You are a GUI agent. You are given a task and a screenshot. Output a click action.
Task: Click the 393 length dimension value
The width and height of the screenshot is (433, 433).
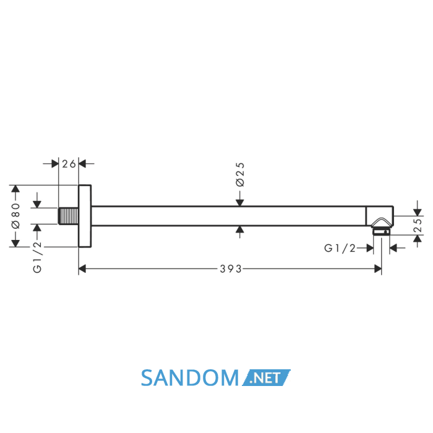coord(231,268)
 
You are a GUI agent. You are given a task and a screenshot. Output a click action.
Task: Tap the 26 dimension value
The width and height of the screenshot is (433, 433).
coord(69,164)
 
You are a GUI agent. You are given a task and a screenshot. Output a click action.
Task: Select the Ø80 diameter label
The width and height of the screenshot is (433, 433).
coord(15,216)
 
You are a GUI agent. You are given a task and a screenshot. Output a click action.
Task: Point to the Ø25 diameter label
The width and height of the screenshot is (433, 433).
coord(240,174)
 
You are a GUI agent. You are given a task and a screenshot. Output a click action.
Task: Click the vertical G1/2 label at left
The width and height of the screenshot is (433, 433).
coord(37,257)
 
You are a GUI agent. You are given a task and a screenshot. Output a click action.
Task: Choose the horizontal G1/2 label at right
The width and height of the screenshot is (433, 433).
coord(340,248)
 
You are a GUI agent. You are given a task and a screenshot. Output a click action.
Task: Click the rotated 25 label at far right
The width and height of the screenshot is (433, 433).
coord(418,225)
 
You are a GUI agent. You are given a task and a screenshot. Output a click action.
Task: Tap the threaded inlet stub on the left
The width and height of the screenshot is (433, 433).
coord(68,216)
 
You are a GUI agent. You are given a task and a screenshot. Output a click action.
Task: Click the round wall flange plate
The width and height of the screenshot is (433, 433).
coord(85,216)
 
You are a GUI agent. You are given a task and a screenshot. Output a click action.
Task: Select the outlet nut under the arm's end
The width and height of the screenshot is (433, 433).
coord(382,231)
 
